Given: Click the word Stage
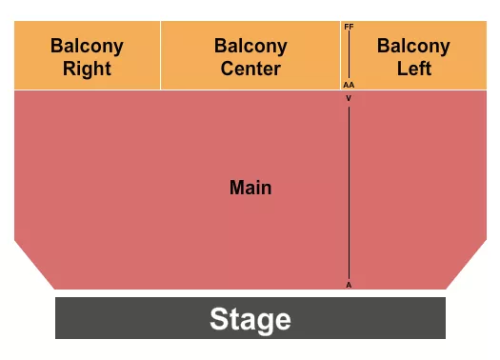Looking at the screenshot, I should tap(250, 319).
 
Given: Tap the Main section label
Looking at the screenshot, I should tap(250, 188).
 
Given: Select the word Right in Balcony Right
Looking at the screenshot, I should tap(87, 69).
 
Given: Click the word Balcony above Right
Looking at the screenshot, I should tap(87, 46).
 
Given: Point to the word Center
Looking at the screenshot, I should tap(250, 69).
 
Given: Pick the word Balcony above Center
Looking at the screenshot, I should tap(250, 46).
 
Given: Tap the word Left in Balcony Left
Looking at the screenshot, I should tap(413, 69).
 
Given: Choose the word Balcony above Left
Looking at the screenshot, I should tap(413, 46).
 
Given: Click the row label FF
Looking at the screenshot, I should tap(349, 27).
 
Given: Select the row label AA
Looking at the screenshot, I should tap(349, 85).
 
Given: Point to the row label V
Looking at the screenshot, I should tap(349, 98).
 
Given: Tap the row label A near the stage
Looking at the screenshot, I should tap(349, 284).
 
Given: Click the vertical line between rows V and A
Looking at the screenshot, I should tap(349, 190).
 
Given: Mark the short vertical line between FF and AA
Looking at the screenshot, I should tap(349, 55).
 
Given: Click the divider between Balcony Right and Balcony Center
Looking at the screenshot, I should tap(160, 55).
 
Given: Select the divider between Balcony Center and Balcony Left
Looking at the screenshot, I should tap(341, 55).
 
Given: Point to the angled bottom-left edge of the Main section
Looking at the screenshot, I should tap(34, 264).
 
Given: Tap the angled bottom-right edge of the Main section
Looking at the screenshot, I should tap(467, 264).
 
